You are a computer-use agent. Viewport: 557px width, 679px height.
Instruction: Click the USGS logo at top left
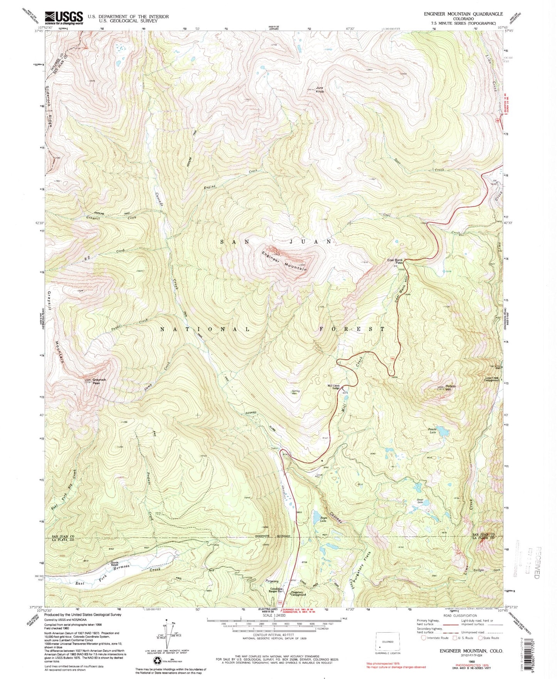64,17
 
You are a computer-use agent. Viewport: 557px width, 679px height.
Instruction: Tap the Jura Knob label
320,90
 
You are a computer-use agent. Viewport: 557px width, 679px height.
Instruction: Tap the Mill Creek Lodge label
333,387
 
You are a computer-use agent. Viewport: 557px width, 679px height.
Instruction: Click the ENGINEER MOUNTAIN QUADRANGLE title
463,14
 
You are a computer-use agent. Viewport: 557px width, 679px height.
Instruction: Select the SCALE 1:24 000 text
274,626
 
